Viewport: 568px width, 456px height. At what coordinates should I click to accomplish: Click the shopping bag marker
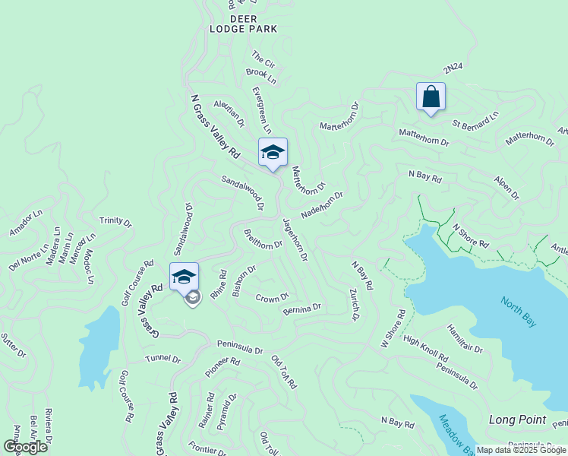coord(431,97)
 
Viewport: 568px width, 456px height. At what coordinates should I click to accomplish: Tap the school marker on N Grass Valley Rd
coord(273,153)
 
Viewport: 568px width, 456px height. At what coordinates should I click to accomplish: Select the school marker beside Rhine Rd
coord(184,277)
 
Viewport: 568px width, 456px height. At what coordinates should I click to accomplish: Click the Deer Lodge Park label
coord(244,24)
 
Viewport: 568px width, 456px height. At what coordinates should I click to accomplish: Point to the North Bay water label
coord(519,312)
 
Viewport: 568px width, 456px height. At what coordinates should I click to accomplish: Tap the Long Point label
coord(517,420)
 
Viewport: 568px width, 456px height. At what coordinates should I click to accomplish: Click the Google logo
coord(25,446)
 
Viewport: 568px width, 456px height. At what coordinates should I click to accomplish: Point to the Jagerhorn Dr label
coord(295,239)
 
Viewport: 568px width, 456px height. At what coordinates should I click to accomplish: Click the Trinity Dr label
coord(115,222)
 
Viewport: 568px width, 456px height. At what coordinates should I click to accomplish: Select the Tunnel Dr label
coord(163,358)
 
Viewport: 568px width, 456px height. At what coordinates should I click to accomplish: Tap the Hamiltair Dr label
coord(465,338)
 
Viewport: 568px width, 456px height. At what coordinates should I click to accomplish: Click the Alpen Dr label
coord(506,189)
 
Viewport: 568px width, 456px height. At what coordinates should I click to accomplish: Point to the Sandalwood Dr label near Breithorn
coord(242,193)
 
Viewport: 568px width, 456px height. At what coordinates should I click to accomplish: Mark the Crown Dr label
coord(272,297)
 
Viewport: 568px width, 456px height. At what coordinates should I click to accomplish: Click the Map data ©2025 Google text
coord(520,450)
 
